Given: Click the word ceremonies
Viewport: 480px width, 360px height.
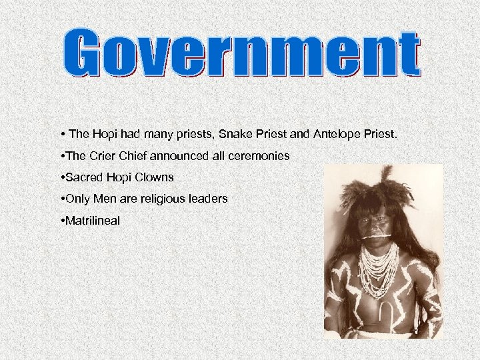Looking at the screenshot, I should point(261,156).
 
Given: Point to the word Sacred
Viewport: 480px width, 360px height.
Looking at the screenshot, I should point(81,177).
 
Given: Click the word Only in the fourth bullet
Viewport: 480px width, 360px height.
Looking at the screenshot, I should point(76,198).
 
